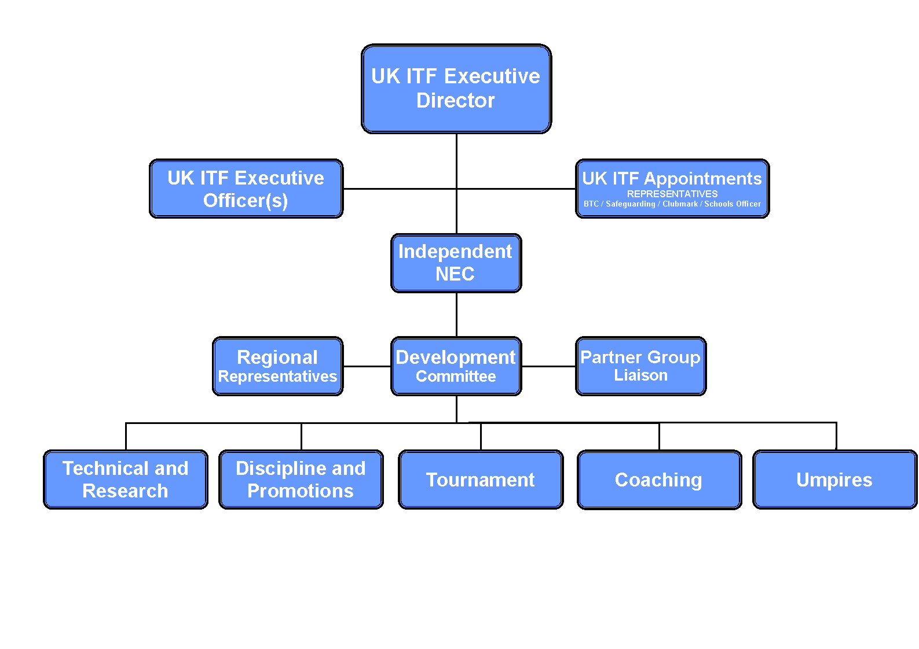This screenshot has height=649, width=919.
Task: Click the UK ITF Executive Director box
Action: [x=456, y=89]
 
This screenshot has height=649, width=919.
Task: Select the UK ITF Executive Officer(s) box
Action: [x=246, y=189]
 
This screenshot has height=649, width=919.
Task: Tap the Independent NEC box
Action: [x=456, y=263]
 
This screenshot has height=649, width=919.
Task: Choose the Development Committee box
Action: [x=456, y=366]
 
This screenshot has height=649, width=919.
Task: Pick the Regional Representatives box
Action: [x=278, y=366]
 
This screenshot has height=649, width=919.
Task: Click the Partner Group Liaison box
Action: [x=641, y=366]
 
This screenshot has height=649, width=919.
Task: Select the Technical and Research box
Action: [x=126, y=480]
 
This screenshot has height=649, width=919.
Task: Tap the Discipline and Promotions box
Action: [x=301, y=480]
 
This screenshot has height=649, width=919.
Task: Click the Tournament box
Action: [x=481, y=480]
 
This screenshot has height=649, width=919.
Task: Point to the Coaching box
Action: [x=660, y=480]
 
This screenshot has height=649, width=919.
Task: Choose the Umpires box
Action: [x=835, y=480]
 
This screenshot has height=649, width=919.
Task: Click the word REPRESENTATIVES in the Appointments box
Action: [x=672, y=194]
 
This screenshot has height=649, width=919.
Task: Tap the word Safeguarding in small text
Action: [x=631, y=204]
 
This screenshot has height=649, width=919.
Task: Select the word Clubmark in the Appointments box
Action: [x=680, y=204]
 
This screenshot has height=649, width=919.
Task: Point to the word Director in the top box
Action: [x=455, y=101]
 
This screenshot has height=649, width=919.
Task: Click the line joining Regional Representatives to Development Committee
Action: [x=367, y=366]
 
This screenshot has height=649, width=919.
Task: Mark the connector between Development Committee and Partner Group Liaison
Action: [x=548, y=366]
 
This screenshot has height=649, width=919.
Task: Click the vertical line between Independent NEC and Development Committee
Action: [x=456, y=315]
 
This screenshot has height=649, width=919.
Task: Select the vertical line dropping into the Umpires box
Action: [x=836, y=436]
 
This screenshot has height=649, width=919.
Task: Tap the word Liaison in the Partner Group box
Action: [x=641, y=375]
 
